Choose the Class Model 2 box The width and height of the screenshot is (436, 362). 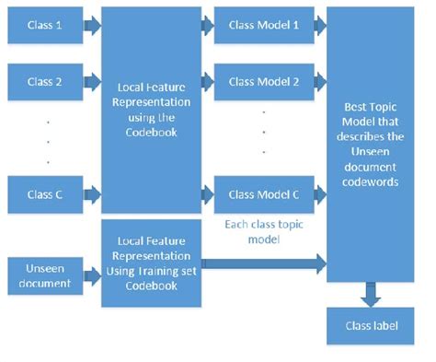tap(263, 82)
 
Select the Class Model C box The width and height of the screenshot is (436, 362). tap(263, 194)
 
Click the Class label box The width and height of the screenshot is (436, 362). tap(368, 324)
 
